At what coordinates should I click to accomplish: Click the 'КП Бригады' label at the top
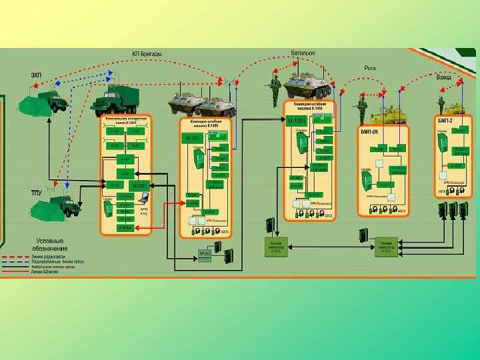(146, 53)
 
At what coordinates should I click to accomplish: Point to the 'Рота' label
(370, 67)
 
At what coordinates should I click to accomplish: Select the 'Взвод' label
(443, 77)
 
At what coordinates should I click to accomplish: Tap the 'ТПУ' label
(37, 192)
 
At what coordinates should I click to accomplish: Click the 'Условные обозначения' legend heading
(49, 245)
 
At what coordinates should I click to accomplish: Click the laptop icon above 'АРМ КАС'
(141, 197)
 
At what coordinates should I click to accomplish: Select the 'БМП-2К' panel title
(369, 131)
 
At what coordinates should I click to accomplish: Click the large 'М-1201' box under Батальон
(294, 121)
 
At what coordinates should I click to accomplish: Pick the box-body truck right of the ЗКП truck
(115, 102)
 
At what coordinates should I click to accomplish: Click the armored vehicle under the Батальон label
(307, 86)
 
